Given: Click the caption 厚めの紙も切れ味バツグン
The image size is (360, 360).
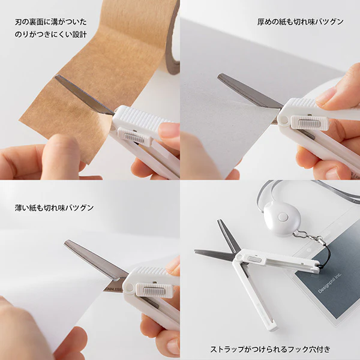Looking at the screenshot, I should (300, 22).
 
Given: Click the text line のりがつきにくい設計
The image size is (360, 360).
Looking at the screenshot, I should (50, 34).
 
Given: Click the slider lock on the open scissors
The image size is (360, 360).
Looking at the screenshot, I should (251, 259).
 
